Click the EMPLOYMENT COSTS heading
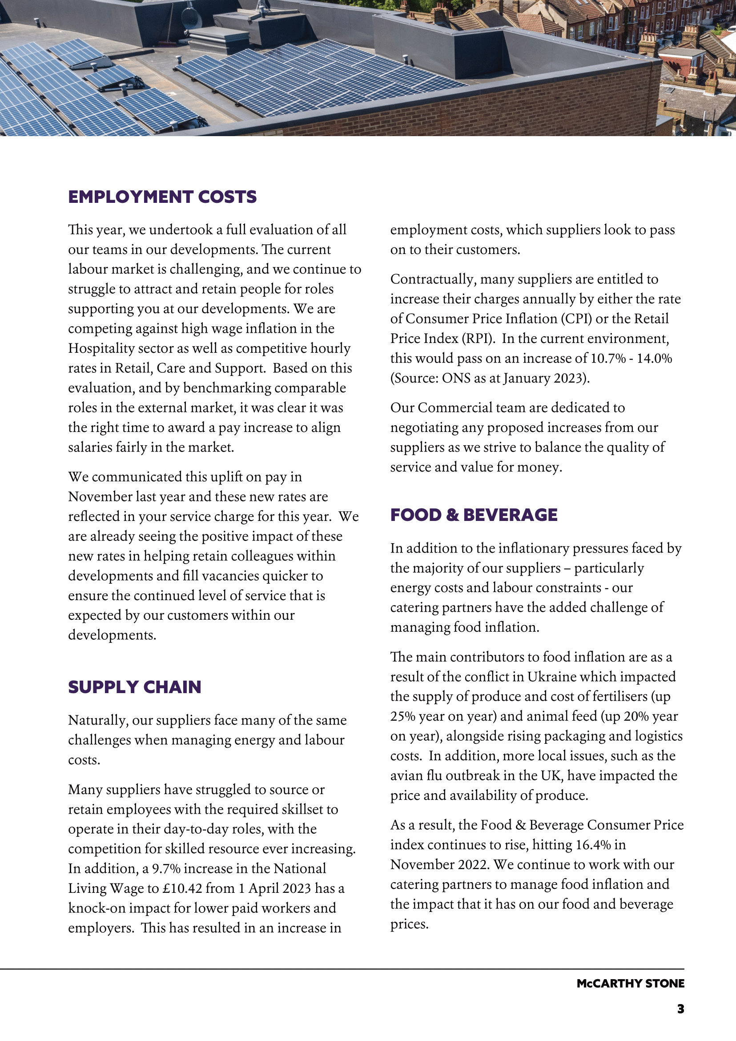point(162,197)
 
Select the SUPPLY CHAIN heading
point(135,687)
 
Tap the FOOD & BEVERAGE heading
point(474,515)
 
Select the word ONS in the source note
point(456,378)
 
